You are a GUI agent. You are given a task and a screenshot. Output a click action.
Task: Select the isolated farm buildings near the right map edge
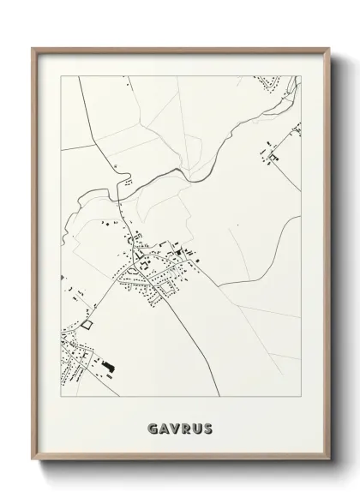point(273,155)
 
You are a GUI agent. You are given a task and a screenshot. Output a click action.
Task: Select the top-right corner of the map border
point(301,75)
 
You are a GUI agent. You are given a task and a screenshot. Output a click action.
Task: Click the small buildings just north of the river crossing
point(126,181)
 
